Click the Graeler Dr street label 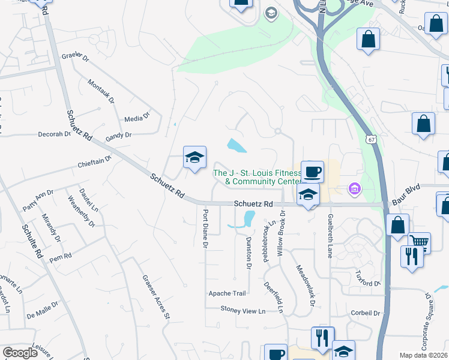tap(75, 57)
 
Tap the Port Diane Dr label tap(205, 229)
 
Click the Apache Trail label tap(227, 293)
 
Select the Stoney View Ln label tap(243, 311)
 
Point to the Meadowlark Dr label tap(306, 286)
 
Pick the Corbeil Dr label tap(366, 313)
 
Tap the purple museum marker tap(355, 190)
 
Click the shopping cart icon tap(420, 242)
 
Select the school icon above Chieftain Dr tap(195, 158)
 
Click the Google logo tap(20, 353)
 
